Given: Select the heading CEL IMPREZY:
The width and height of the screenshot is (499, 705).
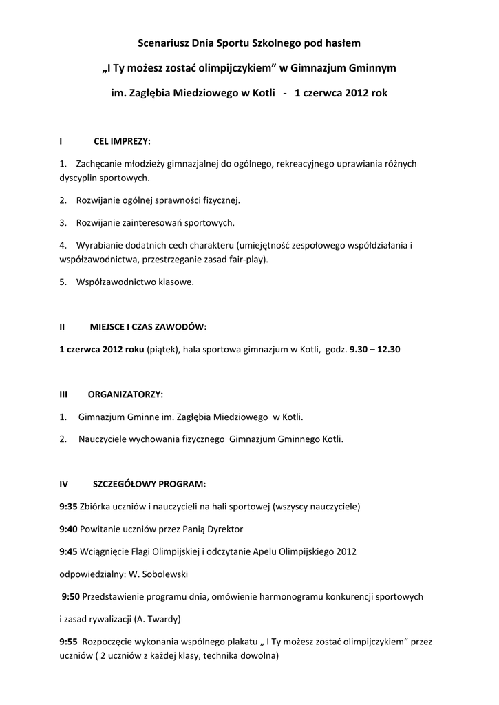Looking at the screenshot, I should point(122,141).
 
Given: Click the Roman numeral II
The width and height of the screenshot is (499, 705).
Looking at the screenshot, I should point(63,326).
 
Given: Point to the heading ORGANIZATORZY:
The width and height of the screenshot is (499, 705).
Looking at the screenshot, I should point(126,394).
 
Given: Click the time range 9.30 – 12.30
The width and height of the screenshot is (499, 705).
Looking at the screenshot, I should point(375,349).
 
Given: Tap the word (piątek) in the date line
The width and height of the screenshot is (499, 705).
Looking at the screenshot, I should point(160,349).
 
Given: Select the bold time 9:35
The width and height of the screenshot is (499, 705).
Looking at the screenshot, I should point(68,506).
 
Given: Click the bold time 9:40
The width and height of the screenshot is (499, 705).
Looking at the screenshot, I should point(68,529).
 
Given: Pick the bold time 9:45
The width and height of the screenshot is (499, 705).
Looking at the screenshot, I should point(68,551).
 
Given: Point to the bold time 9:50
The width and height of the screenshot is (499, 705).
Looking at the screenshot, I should point(71,596).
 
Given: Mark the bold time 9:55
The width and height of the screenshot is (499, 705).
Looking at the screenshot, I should point(68,642).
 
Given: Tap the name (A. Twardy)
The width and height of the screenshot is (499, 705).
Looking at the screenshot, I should point(158,618).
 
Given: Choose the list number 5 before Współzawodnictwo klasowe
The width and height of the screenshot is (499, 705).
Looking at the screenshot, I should point(62,282).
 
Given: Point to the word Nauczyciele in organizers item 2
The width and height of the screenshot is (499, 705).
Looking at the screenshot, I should point(103,439).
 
